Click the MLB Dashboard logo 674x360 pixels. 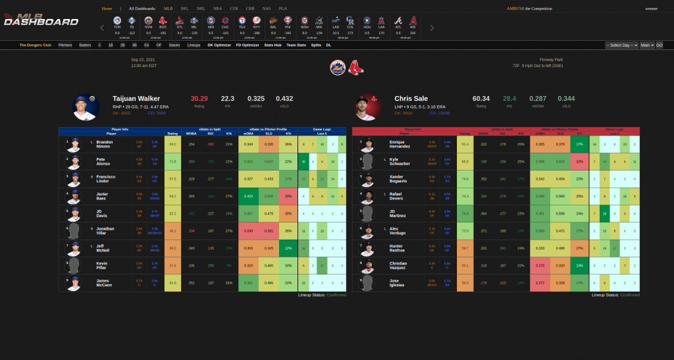point(41,20)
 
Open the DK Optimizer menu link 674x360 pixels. point(219,45)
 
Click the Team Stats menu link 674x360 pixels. point(296,45)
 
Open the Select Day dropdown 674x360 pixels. point(621,45)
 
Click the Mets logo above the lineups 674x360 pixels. point(337,67)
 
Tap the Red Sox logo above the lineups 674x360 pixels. point(355,67)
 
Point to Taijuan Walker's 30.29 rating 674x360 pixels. point(199,98)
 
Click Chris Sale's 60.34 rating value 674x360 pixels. point(481,98)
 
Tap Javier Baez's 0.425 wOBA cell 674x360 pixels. point(249,195)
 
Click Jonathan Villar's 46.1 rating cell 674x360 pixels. point(172,231)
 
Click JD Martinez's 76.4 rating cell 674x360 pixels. point(465,213)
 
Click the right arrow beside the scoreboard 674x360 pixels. point(432,28)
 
